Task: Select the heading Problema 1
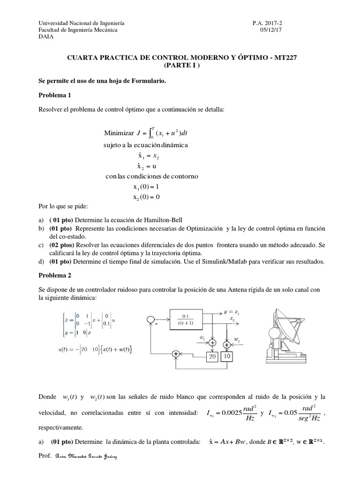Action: (54, 95)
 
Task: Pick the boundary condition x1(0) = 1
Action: (146, 187)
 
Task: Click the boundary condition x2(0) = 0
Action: (146, 197)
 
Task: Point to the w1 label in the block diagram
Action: (202, 337)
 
